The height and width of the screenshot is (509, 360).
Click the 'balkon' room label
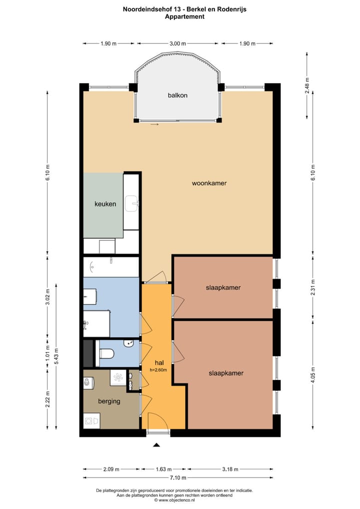177,95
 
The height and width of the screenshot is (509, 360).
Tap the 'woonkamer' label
209,183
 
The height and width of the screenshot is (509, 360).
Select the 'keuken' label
105,204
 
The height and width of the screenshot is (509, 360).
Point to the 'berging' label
109,401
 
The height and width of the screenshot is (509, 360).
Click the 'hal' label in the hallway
159,362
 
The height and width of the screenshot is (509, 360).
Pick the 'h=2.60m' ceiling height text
158,370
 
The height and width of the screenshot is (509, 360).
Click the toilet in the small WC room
106,354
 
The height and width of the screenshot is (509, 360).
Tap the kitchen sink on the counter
132,201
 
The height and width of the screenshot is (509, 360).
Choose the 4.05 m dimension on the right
313,374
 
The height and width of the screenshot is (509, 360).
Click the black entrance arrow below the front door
156,444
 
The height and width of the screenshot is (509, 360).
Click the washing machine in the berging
91,421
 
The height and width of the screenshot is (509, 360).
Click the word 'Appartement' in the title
184,16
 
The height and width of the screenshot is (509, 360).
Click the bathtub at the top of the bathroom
111,266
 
